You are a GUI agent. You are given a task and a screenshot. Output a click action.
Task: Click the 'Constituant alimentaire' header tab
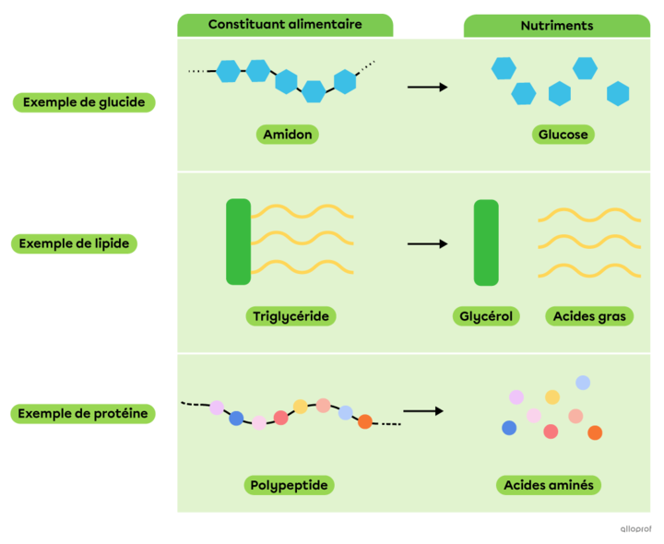click(x=285, y=25)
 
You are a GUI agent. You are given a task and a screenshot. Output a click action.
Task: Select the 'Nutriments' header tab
click(x=556, y=26)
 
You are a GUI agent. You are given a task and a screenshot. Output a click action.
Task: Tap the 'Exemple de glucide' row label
click(x=84, y=102)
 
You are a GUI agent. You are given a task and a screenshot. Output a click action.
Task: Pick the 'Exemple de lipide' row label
click(x=74, y=243)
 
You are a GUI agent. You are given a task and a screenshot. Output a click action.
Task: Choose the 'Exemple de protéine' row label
click(x=83, y=414)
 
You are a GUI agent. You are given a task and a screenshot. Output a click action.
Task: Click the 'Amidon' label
click(x=288, y=135)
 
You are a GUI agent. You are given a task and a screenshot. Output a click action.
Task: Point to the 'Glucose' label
click(x=563, y=135)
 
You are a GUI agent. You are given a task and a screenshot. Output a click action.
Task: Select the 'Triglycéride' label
click(x=290, y=316)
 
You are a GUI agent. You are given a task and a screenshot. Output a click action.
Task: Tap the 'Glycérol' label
click(x=486, y=316)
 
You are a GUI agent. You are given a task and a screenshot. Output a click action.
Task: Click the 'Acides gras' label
click(x=589, y=316)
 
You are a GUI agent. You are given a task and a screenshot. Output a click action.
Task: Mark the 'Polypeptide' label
click(x=290, y=485)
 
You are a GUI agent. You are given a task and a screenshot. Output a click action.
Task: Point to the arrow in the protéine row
click(x=423, y=411)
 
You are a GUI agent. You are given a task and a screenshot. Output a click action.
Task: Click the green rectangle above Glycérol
click(x=486, y=242)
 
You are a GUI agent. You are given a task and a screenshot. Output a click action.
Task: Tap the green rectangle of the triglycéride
click(x=238, y=242)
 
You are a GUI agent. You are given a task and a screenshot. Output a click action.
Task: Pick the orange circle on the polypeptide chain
click(x=365, y=421)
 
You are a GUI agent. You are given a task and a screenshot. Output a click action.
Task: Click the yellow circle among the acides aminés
click(x=552, y=396)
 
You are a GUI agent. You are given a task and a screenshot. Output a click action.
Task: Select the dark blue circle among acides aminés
click(x=509, y=428)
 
